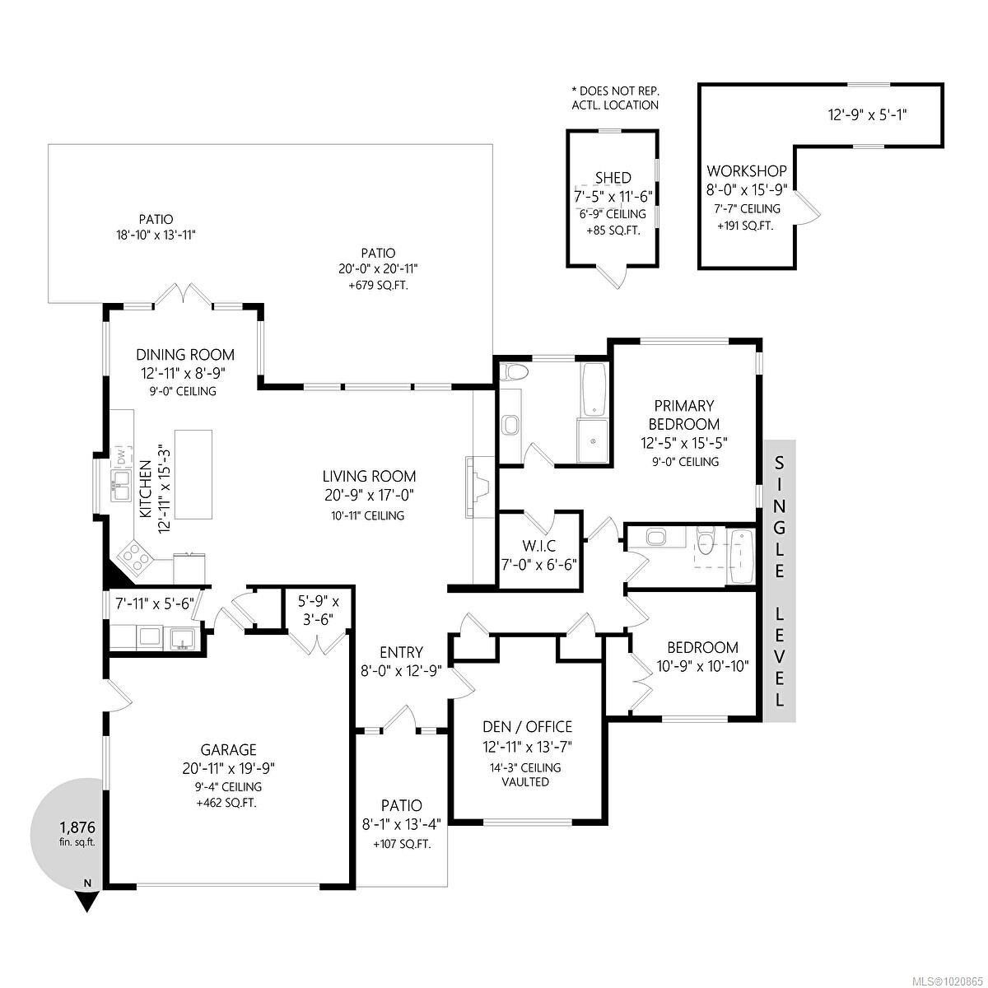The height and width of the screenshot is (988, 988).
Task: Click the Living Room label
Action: click(x=369, y=476)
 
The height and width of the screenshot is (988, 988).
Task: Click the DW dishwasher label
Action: click(x=121, y=455)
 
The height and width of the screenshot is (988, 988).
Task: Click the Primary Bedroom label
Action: click(x=683, y=415)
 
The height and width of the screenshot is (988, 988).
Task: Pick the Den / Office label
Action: click(x=527, y=726)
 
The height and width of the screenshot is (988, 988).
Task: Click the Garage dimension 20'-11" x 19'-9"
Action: click(x=229, y=768)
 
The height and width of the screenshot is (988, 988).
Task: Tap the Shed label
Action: click(x=613, y=178)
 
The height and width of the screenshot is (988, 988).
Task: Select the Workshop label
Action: click(x=747, y=171)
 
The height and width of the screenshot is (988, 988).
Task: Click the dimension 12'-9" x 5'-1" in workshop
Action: click(x=868, y=116)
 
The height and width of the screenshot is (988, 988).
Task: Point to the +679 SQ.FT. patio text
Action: click(x=378, y=286)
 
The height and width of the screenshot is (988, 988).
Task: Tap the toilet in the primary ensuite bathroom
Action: click(x=514, y=371)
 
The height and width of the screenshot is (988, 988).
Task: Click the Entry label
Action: click(x=402, y=653)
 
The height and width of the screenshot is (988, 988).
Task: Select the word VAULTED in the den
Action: click(x=525, y=782)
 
